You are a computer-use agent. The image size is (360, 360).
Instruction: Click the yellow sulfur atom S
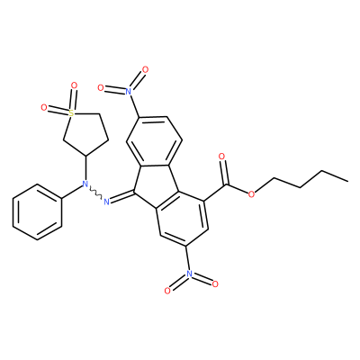71,113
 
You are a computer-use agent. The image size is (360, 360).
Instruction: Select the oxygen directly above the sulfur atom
74,85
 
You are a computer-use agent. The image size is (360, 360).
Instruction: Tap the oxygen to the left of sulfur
44,107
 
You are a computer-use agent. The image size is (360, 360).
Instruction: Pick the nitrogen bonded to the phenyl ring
85,184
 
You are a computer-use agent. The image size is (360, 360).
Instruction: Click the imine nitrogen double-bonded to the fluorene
106,202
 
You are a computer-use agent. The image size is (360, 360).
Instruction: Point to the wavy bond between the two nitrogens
95,193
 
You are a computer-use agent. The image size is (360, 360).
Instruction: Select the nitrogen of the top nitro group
129,91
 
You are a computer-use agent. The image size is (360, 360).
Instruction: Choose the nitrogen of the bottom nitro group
189,274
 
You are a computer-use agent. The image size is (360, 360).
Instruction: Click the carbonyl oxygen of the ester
221,157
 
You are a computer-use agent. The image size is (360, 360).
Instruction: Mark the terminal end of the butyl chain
347,181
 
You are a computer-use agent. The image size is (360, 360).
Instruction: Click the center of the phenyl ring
37,211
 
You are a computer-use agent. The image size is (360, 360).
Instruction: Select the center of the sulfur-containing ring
85,133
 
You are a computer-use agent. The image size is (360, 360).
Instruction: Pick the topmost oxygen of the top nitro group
145,70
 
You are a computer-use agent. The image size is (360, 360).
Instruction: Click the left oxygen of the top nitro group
101,87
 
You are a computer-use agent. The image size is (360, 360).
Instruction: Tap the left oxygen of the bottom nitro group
167,291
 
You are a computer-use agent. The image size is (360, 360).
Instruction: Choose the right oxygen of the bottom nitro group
215,283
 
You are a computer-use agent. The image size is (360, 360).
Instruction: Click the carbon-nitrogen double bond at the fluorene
121,197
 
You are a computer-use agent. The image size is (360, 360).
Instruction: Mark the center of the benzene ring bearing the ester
182,216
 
